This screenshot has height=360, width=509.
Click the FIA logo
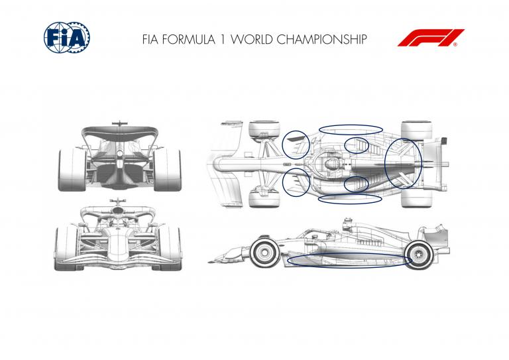coord(67,38)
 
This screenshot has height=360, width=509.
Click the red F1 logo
coord(431,38)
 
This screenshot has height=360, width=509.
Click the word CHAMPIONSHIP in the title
coord(321,39)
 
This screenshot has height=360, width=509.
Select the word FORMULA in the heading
coord(188,39)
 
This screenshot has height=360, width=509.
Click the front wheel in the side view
coord(264,252)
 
